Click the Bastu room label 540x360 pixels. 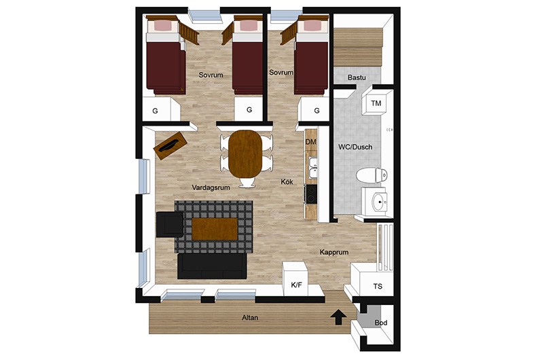[x=357, y=77]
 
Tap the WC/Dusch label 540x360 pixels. [x=355, y=147]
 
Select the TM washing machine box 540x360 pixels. [x=376, y=103]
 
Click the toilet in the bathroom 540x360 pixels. [x=372, y=175]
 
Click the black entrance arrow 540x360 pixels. [x=338, y=317]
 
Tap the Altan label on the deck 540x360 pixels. [x=250, y=318]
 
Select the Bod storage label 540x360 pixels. [x=381, y=323]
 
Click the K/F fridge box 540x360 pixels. [x=295, y=278]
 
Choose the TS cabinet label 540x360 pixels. [x=378, y=286]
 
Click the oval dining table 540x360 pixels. [x=245, y=154]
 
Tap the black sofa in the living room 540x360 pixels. [x=212, y=266]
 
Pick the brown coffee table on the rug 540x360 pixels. [x=215, y=229]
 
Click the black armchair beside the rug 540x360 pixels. [x=170, y=224]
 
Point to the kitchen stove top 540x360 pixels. [x=311, y=194]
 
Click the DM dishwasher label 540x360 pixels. [x=310, y=141]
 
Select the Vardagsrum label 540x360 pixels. [x=211, y=187]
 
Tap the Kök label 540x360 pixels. [x=287, y=181]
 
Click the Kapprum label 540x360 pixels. [x=334, y=252]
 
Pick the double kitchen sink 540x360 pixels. [x=312, y=167]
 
